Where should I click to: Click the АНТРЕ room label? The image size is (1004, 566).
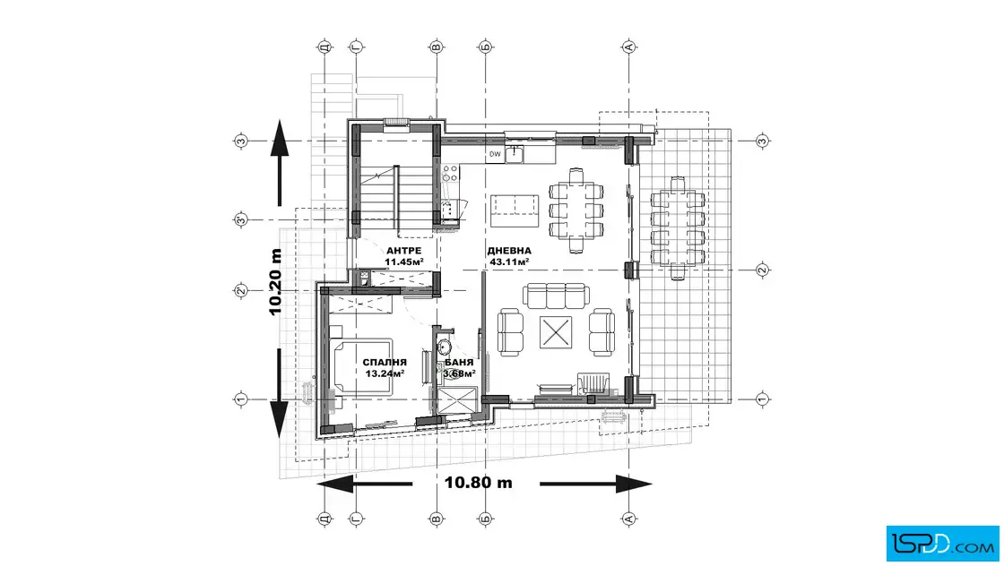(403, 251)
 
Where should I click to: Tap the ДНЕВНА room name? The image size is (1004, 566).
(509, 251)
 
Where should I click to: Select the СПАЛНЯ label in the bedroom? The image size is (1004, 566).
(385, 363)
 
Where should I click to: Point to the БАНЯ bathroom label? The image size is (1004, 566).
(459, 363)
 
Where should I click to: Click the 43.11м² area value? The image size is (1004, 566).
(509, 262)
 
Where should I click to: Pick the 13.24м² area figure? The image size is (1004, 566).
(385, 373)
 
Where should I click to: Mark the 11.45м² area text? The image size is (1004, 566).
(403, 262)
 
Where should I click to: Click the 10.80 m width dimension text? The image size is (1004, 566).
(479, 483)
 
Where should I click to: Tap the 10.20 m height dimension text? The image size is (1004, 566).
(275, 282)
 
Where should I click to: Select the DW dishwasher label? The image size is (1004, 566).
(495, 154)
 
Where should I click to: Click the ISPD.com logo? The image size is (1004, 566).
(942, 544)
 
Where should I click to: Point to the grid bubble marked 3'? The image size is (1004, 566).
(241, 220)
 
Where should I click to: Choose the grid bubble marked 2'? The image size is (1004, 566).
(241, 291)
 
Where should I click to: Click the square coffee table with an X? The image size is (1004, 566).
(555, 332)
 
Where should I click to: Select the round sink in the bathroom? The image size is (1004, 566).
(445, 347)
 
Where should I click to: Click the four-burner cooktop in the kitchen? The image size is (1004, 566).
(450, 174)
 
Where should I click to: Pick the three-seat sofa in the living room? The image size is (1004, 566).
(556, 296)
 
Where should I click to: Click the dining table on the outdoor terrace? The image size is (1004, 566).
(678, 227)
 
